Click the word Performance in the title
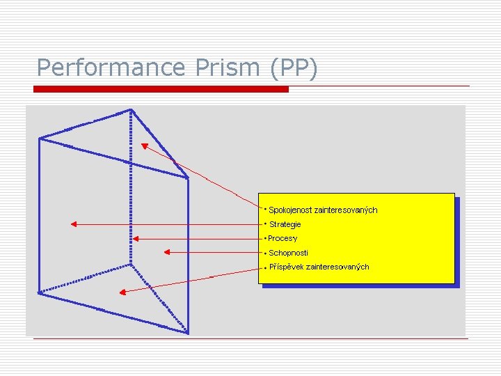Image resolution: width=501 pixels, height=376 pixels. point(110,68)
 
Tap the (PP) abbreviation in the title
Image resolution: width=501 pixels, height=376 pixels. point(291,68)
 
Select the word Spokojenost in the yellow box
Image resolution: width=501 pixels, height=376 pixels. point(291,210)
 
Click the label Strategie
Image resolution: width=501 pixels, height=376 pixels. point(285,224)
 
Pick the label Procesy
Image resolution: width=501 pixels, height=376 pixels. point(282,238)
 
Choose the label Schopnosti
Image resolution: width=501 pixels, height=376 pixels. point(288,253)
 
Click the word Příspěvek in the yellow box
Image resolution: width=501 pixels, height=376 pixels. point(285,267)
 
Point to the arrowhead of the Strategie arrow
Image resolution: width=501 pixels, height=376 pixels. point(73,224)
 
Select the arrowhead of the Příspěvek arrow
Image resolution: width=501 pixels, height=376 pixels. point(121,290)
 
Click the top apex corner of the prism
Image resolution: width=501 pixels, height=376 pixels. point(130,109)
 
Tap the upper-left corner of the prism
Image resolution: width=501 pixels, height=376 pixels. point(40,139)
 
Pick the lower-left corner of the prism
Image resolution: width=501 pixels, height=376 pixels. point(40,293)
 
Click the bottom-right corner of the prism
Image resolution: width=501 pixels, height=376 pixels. point(187,332)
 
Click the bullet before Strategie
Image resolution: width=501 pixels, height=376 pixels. point(265,224)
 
